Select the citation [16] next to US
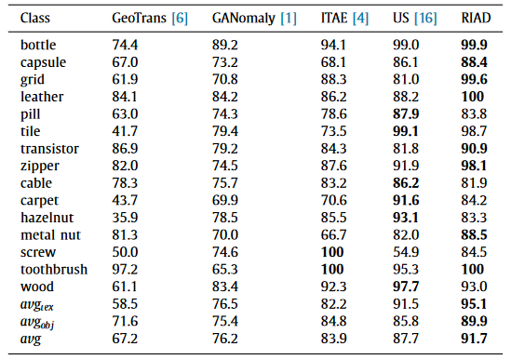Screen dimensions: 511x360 pos(425,19)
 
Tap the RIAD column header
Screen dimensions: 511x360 pos(476,18)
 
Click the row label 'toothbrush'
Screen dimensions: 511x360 pos(54,270)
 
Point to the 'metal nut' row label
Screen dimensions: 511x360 pos(50,235)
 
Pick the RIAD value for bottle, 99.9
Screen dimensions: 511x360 pos(474,45)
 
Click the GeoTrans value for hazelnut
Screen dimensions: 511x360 pos(125,218)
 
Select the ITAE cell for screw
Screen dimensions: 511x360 pos(332,252)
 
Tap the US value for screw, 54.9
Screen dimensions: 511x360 pos(406,252)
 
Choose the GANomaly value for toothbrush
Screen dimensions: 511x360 pos(225,270)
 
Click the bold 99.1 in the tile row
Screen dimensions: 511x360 pos(406,131)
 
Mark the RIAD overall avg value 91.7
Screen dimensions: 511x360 pos(474,339)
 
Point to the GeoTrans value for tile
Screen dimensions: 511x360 pos(125,131)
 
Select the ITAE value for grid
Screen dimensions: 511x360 pos(333,79)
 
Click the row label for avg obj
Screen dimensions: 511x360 pos(37,323)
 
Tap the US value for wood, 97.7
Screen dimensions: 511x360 pos(406,287)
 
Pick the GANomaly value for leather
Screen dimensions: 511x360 pos(225,97)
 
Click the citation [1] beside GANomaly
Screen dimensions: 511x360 pos(289,19)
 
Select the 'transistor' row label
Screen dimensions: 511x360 pos(49,149)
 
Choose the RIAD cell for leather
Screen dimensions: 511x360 pos(473,97)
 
